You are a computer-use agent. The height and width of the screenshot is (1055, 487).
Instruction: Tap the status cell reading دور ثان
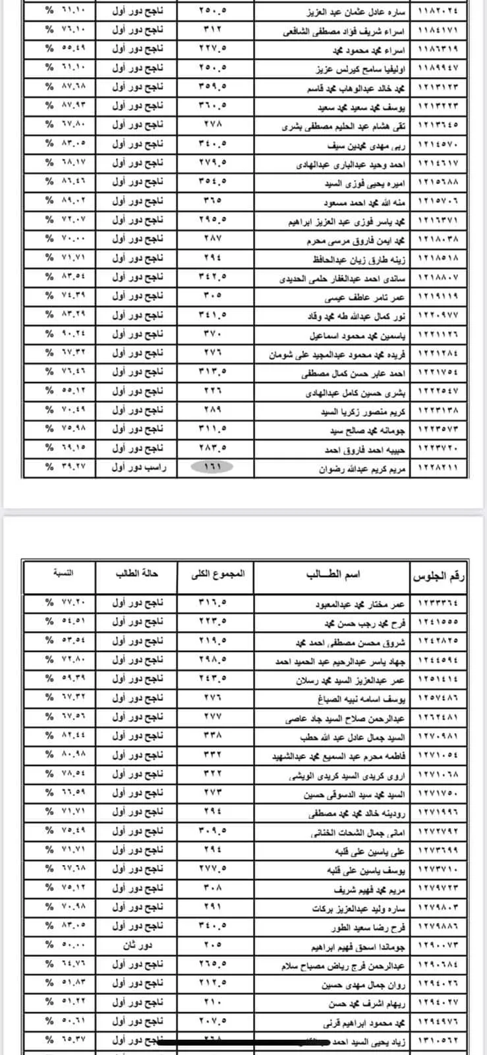(135, 946)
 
